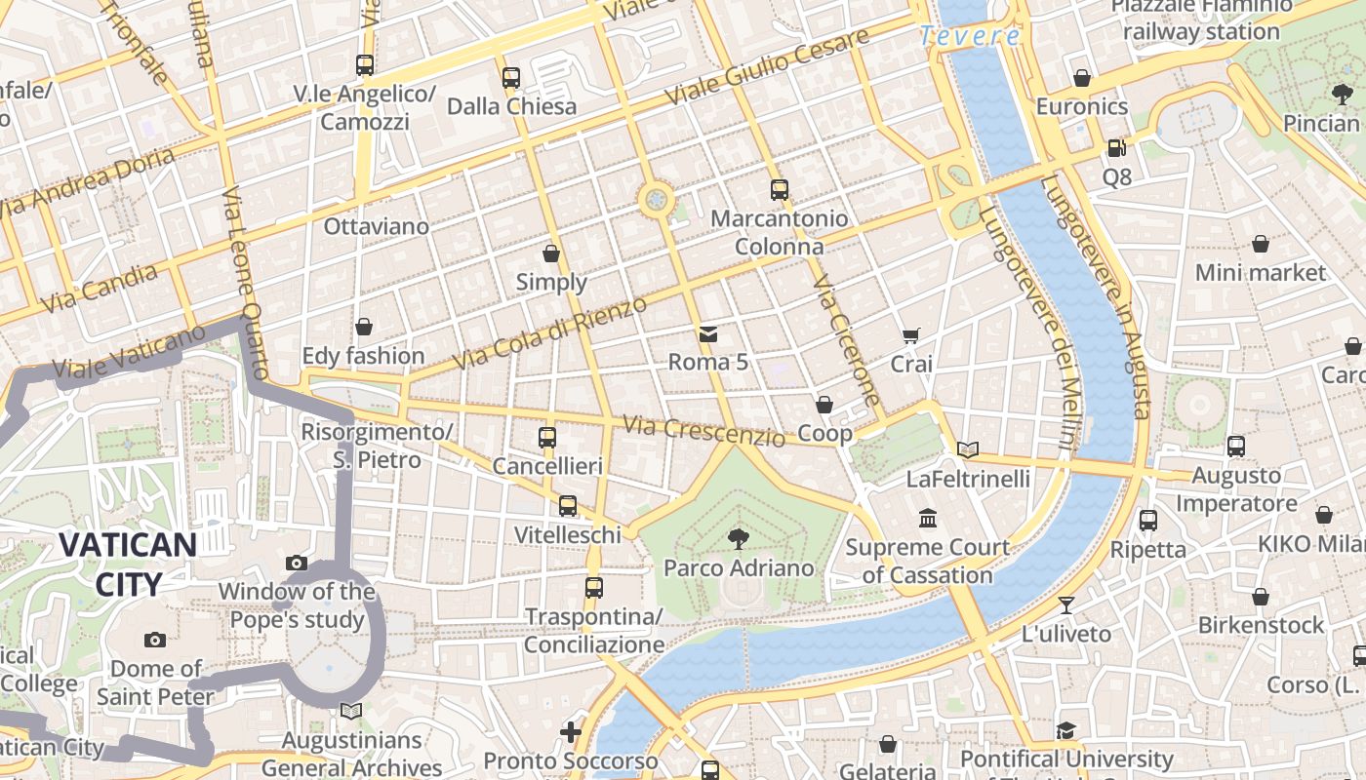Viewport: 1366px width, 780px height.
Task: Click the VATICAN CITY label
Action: pyautogui.click(x=128, y=564)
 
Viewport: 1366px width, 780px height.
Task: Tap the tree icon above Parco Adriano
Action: pyautogui.click(x=738, y=538)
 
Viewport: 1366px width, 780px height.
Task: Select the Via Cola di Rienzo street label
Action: pyautogui.click(x=550, y=333)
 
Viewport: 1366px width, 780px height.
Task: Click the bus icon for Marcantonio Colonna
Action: pyautogui.click(x=779, y=190)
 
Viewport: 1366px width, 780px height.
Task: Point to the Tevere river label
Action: pyautogui.click(x=970, y=37)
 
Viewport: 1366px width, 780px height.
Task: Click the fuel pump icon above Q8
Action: pyautogui.click(x=1116, y=148)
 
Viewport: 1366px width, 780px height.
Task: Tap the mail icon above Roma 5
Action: pyautogui.click(x=707, y=334)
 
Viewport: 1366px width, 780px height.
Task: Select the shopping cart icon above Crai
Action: pyautogui.click(x=911, y=336)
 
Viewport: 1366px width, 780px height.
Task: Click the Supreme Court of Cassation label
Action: pyautogui.click(x=927, y=561)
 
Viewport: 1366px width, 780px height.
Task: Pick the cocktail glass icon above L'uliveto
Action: pyautogui.click(x=1066, y=605)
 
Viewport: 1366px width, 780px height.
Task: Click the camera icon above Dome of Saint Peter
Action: pyautogui.click(x=155, y=641)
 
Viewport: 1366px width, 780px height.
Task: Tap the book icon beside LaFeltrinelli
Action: pyautogui.click(x=968, y=449)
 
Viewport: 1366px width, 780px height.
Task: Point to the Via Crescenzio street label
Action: pyautogui.click(x=703, y=431)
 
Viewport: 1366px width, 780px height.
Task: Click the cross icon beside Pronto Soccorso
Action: pyautogui.click(x=571, y=731)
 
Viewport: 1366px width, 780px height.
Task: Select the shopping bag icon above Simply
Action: pyautogui.click(x=551, y=254)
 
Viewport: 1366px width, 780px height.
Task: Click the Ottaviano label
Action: pyautogui.click(x=376, y=226)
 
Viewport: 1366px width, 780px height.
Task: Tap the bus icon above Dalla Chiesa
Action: pyautogui.click(x=511, y=78)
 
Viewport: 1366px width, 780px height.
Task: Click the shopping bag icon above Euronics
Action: pyautogui.click(x=1081, y=78)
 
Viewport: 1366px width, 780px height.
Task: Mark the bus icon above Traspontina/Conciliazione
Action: pyautogui.click(x=593, y=588)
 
